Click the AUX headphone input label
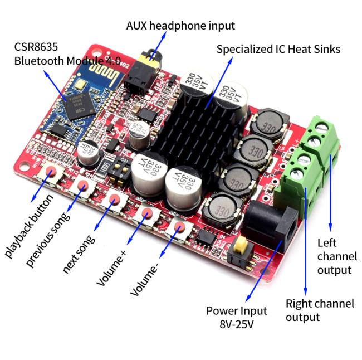coord(180,26)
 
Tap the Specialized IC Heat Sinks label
coord(278,50)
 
